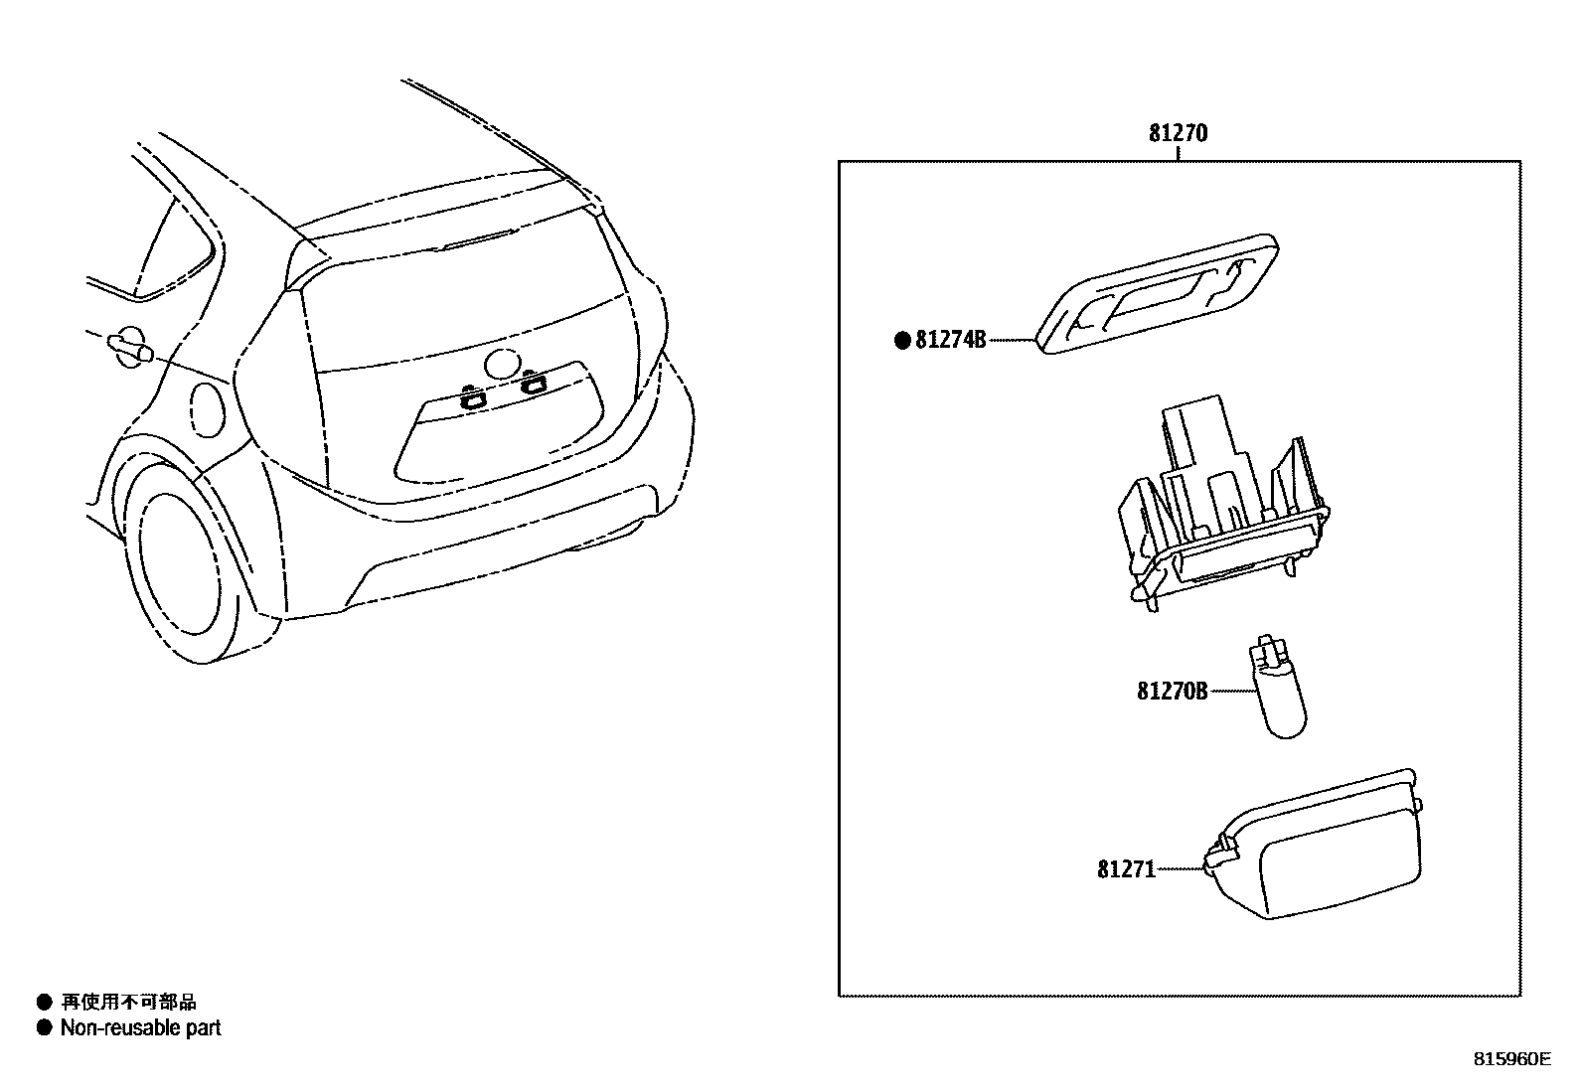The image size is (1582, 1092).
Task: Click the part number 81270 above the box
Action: click(1178, 133)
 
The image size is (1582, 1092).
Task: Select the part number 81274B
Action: click(950, 340)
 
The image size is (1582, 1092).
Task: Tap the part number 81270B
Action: click(1172, 690)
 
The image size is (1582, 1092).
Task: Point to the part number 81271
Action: click(1126, 869)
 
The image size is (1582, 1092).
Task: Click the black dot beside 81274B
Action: click(902, 341)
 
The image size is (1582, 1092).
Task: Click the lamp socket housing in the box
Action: click(1222, 517)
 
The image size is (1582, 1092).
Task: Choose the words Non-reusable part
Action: click(141, 1028)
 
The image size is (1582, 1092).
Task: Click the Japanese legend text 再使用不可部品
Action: click(129, 1003)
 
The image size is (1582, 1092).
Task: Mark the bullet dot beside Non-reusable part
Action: click(44, 1028)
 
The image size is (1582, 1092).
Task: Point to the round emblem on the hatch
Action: click(504, 365)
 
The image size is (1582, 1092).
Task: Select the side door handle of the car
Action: click(129, 347)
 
